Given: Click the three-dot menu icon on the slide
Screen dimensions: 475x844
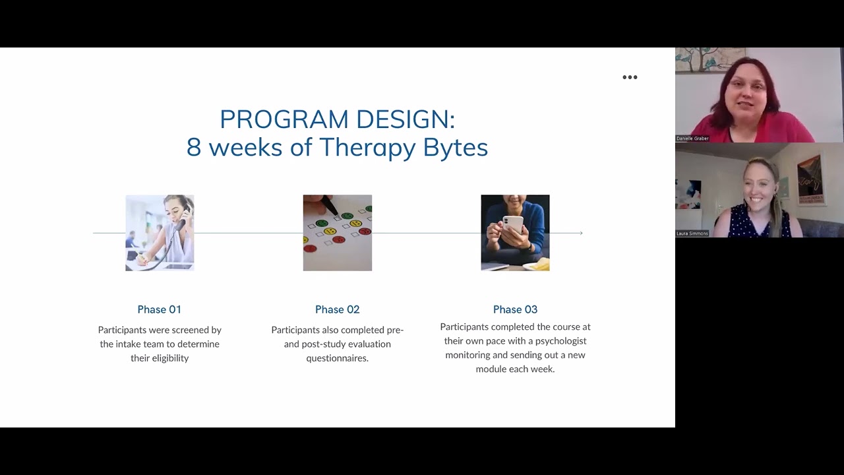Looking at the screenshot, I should click(x=630, y=77).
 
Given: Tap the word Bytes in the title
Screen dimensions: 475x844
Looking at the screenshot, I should click(x=455, y=147).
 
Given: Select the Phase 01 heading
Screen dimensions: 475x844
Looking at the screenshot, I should click(x=160, y=309).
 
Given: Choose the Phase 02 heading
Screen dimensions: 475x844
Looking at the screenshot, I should click(x=337, y=309).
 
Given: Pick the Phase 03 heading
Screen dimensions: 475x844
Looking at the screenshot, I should click(x=515, y=309).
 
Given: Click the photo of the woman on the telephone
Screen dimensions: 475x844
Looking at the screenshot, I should click(x=160, y=232).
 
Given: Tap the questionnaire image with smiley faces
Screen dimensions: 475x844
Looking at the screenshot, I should click(x=337, y=232).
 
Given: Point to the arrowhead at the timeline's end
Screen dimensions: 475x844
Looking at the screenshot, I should click(x=580, y=233).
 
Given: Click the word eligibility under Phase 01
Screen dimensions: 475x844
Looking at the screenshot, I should click(x=169, y=358).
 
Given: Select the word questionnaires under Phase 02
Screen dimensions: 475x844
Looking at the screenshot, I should click(x=337, y=358).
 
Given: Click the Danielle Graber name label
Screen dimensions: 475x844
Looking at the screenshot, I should click(x=692, y=139).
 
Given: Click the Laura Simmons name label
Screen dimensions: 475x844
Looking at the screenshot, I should click(x=692, y=234).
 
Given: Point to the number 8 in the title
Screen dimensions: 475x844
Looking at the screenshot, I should click(x=193, y=147).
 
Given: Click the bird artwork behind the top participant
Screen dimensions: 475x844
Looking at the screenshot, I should click(x=703, y=59).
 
